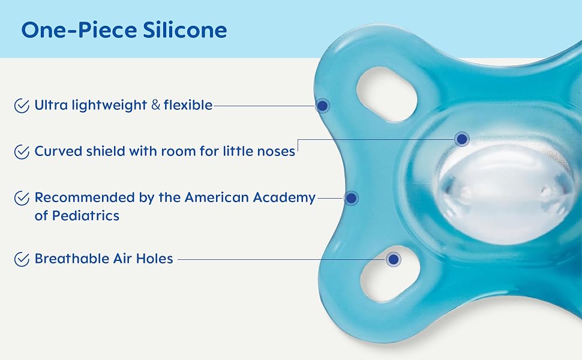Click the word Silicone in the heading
(185, 29)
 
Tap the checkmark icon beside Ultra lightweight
(22, 106)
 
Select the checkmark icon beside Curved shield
(22, 152)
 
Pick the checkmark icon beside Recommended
(22, 198)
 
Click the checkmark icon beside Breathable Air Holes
(22, 259)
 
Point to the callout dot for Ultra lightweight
(323, 106)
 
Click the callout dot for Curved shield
(462, 139)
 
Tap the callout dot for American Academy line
(351, 198)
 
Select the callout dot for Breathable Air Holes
(394, 259)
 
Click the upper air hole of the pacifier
(387, 94)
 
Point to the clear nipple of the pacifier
(503, 193)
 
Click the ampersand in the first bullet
(156, 105)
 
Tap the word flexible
(188, 105)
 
